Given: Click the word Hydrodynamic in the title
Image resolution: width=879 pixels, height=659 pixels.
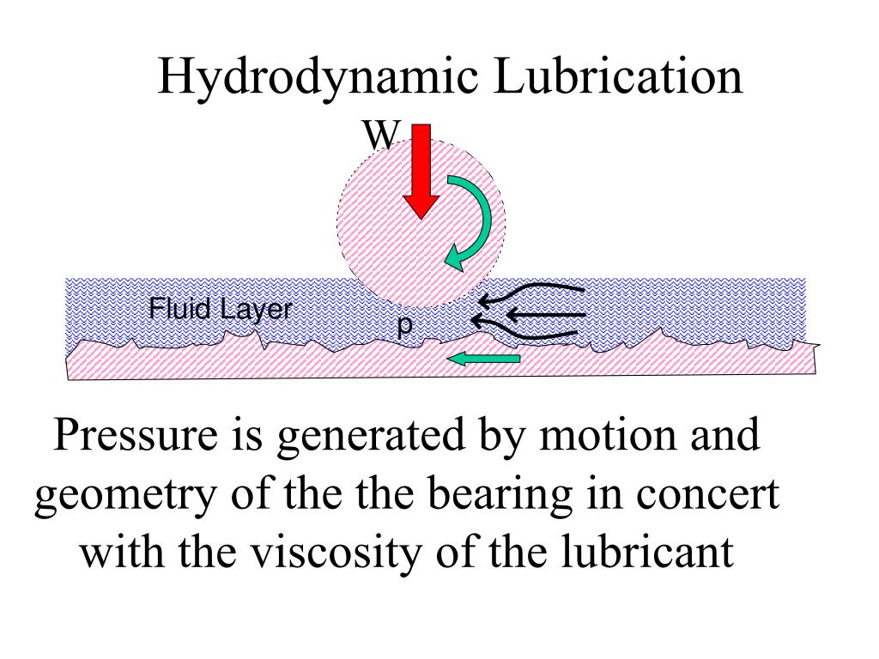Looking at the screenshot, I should click(x=318, y=77).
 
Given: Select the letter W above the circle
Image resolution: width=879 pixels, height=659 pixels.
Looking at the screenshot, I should click(x=380, y=135).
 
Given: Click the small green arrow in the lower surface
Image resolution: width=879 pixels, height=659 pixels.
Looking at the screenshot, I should click(x=486, y=358).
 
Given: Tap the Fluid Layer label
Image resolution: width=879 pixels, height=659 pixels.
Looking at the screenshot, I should click(x=221, y=309).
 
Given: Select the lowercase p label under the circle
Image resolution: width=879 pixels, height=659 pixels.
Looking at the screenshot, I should click(x=405, y=325).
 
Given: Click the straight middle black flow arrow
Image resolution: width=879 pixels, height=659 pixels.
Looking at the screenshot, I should click(x=532, y=315).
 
